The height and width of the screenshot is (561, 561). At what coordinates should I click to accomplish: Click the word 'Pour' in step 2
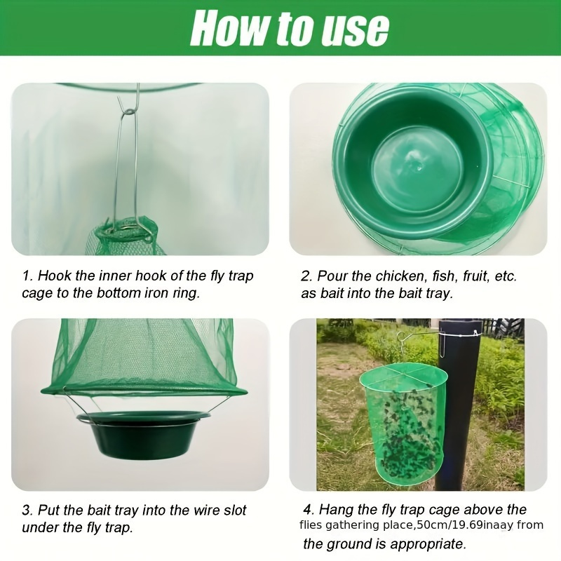click(333, 276)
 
